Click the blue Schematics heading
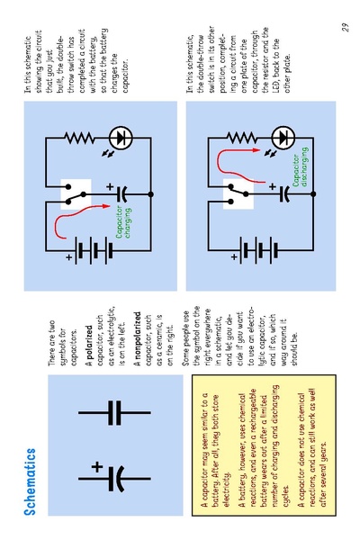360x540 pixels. pos(30,481)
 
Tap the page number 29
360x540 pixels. pos(345,27)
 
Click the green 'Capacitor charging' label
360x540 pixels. pos(123,222)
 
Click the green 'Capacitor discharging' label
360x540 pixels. pos(300,167)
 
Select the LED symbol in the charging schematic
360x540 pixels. pos(121,138)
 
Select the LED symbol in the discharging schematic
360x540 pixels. pos(283,138)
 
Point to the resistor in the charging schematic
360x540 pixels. pos(79,138)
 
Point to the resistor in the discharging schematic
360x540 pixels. pos(242,138)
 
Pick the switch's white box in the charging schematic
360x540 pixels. pos(76,194)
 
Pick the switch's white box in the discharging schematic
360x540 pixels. pos(238,194)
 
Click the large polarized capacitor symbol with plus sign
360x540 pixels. pos(113,478)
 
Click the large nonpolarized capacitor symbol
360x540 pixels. pos(114,412)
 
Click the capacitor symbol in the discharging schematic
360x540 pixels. pos(284,194)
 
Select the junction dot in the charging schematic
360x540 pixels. pos(150,194)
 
